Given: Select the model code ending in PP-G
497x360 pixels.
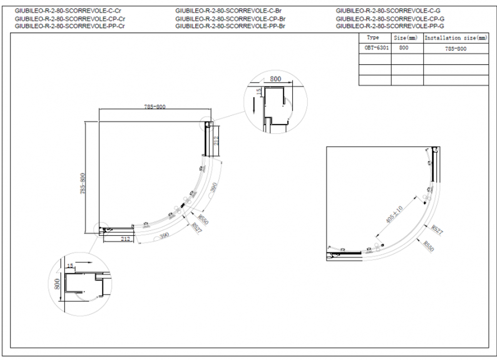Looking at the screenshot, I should point(390,26).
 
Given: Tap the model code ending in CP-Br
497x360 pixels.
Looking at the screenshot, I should point(230,18).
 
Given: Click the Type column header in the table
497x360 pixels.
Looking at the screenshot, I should point(373,38).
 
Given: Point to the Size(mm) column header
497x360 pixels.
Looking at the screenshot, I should point(405,38).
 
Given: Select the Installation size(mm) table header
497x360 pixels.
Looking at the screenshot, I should point(456,38).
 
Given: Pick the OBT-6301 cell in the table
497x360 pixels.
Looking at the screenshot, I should point(374,49).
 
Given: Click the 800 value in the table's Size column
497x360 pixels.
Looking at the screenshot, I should point(404,49).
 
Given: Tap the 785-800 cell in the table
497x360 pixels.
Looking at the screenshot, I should point(456,49).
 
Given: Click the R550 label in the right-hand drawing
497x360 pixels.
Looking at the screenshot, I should point(427,246).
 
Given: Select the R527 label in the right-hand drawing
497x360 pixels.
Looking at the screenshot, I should point(436,229).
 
